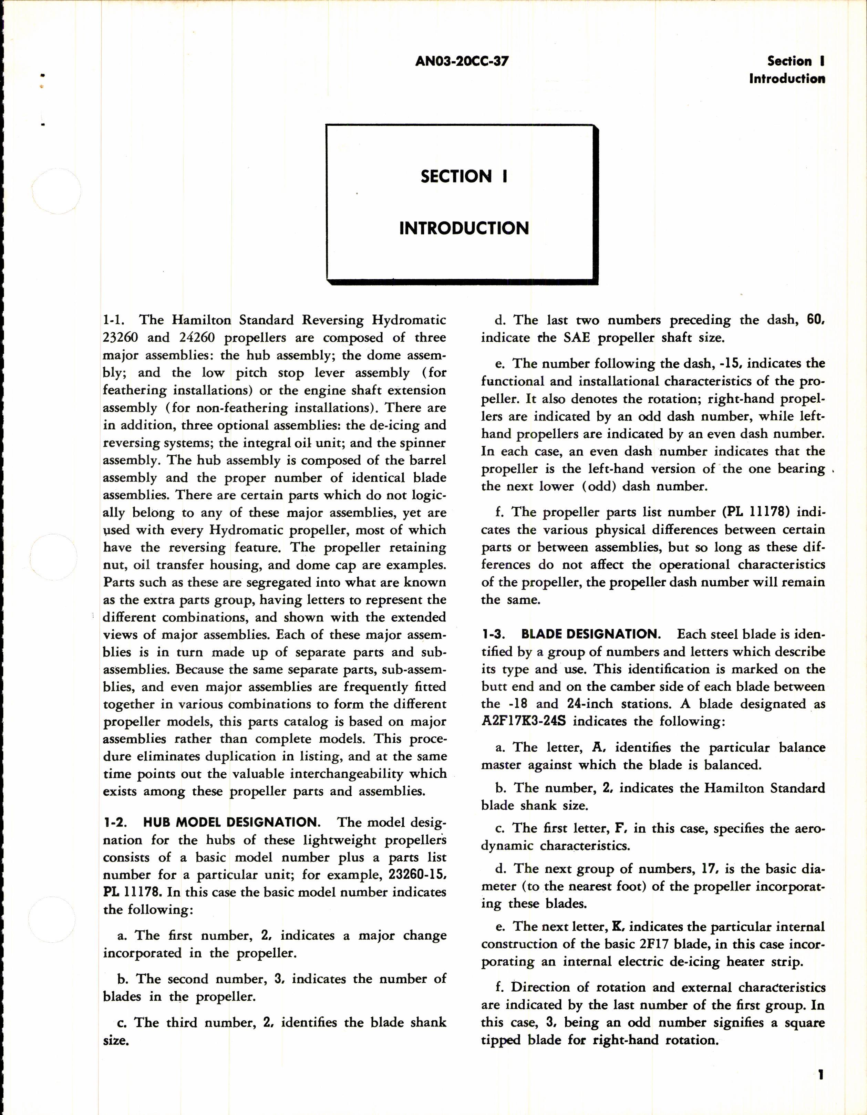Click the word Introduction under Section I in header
pyautogui.click(x=786, y=79)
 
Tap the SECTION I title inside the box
pyautogui.click(x=464, y=177)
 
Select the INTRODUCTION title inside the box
pyautogui.click(x=464, y=228)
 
